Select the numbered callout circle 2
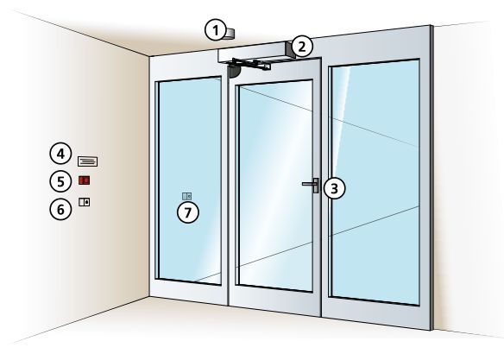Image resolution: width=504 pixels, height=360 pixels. (301, 45)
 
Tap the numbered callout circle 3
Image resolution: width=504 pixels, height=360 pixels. (334, 186)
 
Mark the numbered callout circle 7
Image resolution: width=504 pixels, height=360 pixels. (188, 212)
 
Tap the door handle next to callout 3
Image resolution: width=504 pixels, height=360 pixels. (312, 184)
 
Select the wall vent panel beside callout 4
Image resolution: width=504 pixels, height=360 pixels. (88, 161)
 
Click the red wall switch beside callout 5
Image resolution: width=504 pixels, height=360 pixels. (85, 181)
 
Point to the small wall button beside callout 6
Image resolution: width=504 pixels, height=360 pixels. (85, 202)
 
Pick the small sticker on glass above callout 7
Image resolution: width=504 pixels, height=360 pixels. (187, 195)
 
